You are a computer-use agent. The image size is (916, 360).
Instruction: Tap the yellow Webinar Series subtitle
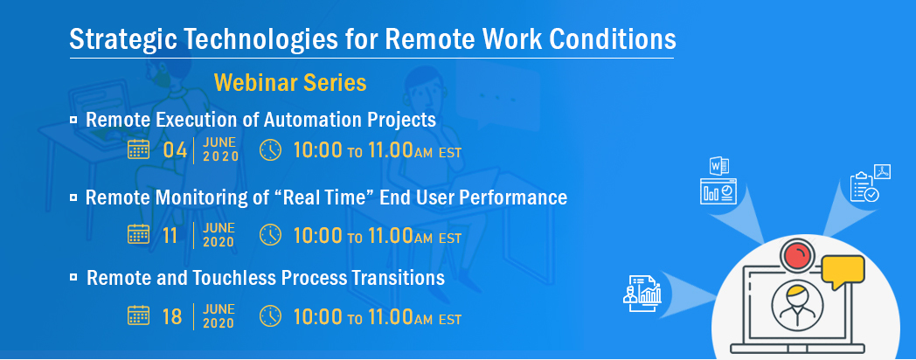pos(290,82)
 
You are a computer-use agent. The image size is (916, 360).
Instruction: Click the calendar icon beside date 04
pos(138,149)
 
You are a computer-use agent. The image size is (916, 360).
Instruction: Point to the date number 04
pos(175,150)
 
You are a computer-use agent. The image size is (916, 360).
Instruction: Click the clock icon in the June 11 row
pos(270,235)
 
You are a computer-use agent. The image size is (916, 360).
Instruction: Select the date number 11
pos(170,236)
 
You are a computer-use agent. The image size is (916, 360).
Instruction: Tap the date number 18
pos(172,317)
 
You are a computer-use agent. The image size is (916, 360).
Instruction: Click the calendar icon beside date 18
pos(138,315)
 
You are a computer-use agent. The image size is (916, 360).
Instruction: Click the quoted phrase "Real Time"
pos(329,197)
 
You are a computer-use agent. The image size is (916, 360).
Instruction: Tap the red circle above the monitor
pos(799,256)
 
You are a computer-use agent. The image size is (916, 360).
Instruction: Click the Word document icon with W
pos(718,166)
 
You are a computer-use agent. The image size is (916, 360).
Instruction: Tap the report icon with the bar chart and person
pos(642,290)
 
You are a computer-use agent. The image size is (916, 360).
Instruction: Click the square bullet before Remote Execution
pos(73,120)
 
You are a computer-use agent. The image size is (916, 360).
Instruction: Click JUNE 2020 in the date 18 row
pos(219,315)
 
